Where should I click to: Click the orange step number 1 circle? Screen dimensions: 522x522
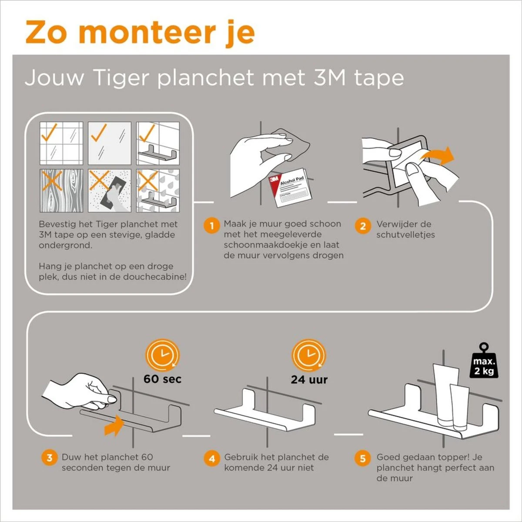[x=211, y=226]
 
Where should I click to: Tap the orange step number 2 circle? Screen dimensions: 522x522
[x=362, y=226]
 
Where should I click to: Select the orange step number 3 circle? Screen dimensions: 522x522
[x=49, y=458]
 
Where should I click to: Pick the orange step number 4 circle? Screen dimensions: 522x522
[x=211, y=458]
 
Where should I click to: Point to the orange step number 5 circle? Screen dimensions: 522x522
[x=362, y=458]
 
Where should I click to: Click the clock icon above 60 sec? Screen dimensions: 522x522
[x=162, y=355]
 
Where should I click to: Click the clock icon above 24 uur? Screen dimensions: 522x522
[x=309, y=355]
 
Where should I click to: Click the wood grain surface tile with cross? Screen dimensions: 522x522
[x=61, y=191]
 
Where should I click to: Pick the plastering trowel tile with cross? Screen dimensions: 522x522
[x=109, y=191]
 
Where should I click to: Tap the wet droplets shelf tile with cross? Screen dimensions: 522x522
[x=157, y=191]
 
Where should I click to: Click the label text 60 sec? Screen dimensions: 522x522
[x=163, y=379]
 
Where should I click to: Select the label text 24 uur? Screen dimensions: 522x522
[x=309, y=379]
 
